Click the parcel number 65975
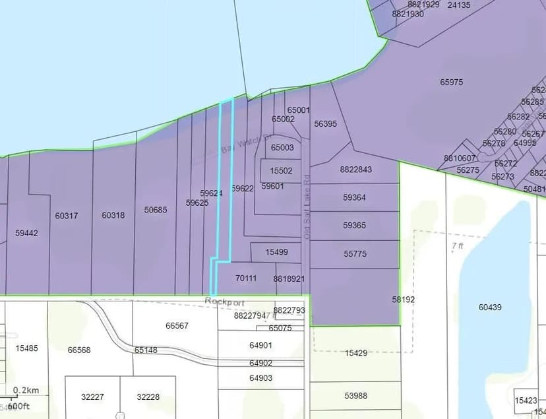point(452,82)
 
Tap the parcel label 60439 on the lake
point(490,307)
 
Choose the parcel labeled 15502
point(281,171)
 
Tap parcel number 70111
point(246,278)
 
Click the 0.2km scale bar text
point(26,390)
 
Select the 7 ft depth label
point(457,245)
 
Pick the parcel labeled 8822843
point(356,170)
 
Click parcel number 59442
point(26,233)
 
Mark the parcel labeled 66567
point(177,326)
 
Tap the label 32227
point(92,397)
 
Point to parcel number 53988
point(355,396)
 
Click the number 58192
point(404,299)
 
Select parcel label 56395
point(325,123)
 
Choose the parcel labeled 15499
point(276,252)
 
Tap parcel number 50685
point(156,210)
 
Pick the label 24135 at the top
point(459,5)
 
